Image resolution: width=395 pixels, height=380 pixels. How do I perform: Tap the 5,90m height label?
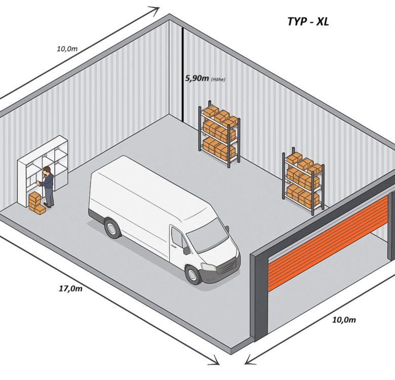pos(197,79)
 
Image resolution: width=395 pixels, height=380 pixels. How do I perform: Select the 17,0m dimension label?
pos(70,288)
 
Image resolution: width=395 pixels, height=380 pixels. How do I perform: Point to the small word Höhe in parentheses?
pos(218,80)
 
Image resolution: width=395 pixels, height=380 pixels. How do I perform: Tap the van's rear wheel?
pos(112,227)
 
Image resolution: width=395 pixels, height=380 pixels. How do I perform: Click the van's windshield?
pos(208,236)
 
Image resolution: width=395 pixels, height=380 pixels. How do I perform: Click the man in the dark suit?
pos(48,186)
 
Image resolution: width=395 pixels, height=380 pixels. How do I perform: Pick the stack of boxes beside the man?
pos(36,203)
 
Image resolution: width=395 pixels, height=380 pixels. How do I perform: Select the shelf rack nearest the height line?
pos(219,134)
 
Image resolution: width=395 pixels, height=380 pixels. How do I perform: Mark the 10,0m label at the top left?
pos(67,49)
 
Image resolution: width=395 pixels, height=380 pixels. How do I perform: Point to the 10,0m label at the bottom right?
pos(344,320)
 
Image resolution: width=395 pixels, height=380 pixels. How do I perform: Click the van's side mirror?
pos(187,249)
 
